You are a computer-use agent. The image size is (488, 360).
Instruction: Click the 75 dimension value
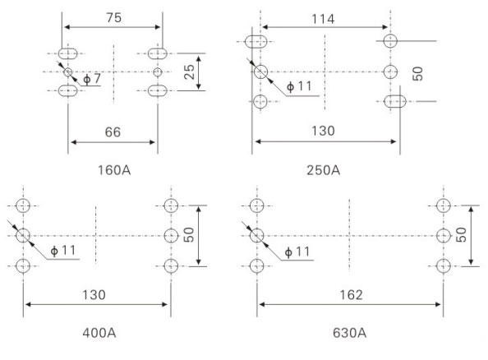tap(114, 18)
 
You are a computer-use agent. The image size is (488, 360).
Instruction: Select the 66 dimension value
tap(113, 132)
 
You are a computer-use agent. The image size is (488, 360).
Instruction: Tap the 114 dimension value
tap(323, 19)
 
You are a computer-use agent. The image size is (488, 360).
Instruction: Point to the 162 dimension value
tap(351, 294)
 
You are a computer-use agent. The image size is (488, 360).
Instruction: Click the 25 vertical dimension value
tap(190, 72)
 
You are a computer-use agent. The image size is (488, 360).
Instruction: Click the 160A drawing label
tap(114, 170)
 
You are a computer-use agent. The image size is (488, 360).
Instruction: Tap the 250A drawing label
tap(324, 170)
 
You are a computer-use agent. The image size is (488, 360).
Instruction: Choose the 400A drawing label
tap(99, 333)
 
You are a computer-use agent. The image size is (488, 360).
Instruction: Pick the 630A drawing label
tap(349, 333)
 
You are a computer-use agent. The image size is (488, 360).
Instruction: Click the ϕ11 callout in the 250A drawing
tap(299, 86)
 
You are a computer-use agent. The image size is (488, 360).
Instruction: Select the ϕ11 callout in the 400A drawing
tap(63, 251)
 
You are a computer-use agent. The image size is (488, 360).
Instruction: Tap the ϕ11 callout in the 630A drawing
tap(297, 252)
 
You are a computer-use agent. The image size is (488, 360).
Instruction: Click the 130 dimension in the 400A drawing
tap(94, 294)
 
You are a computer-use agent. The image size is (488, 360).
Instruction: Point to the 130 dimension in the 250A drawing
tap(324, 131)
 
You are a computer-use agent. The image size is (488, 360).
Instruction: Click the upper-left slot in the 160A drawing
tap(68, 53)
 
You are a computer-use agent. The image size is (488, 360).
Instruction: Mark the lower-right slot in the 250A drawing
tap(395, 102)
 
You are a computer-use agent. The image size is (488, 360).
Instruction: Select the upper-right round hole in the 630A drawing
tap(443, 205)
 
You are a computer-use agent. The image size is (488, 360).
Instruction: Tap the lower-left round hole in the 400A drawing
tap(23, 266)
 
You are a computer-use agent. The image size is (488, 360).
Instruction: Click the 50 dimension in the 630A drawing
tap(461, 235)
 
